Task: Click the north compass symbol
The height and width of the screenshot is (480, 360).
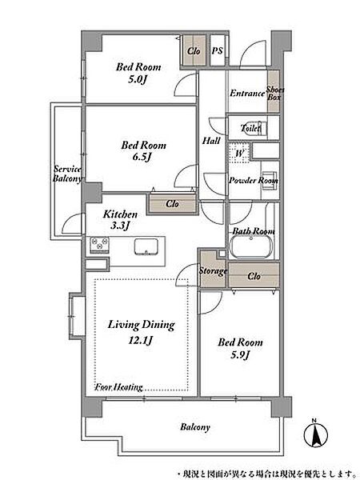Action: pos(315,434)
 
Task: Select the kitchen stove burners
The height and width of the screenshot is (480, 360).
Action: pos(99,245)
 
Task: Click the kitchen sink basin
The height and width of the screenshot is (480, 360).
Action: pos(146,246)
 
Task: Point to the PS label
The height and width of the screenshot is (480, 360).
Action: pos(217,51)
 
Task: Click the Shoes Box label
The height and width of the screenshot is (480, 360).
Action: pos(274,94)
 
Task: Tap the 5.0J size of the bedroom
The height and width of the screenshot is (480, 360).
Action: pos(138,80)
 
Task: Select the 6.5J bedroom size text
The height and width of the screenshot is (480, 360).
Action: pos(142,158)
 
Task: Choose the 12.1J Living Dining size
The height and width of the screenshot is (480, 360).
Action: pos(141,341)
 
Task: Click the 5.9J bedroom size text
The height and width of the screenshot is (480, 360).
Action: pos(240,355)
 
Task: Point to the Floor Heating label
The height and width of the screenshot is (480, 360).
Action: pos(118,387)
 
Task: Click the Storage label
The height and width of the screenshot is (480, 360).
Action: pos(213,271)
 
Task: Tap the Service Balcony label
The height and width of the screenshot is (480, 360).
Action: pos(67,174)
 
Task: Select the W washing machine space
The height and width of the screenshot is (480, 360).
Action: pos(239,153)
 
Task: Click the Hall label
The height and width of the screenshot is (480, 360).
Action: pos(211,141)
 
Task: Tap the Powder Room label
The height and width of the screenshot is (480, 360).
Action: pos(254,180)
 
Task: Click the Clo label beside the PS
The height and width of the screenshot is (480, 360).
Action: pos(194,51)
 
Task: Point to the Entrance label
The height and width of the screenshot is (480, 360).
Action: pos(247,93)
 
